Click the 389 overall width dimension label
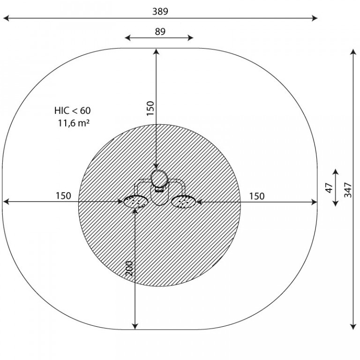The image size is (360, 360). pos(160,11)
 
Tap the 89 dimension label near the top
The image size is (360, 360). pos(160,31)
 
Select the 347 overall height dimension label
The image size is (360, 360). pos(348,190)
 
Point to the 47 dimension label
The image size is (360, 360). pos(329,188)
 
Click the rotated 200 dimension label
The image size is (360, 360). pos(129,269)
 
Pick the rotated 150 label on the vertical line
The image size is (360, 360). pos(150,108)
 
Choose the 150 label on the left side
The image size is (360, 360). pos(63,195)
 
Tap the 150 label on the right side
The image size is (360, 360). pos(257,196)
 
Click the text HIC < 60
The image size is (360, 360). pos(73,111)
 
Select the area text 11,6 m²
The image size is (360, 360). pos(74,123)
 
